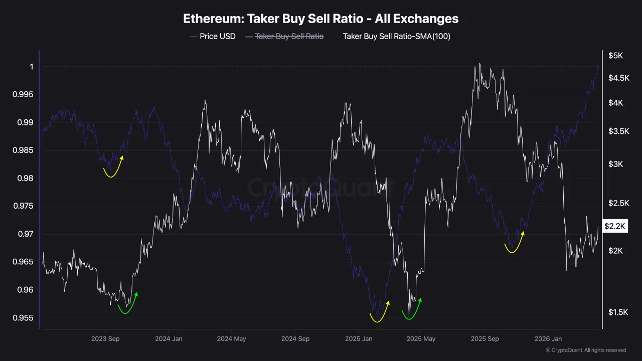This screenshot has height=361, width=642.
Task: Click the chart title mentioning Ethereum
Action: tap(320, 19)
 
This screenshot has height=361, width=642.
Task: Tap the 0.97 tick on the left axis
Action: tap(25, 234)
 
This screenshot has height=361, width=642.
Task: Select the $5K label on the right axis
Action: tap(615, 56)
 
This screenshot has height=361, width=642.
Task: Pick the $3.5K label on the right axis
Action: tap(615, 131)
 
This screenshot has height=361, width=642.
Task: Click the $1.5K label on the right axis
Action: tap(615, 312)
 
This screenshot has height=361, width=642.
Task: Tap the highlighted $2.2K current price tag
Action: tap(615, 227)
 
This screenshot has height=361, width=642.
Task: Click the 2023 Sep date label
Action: tap(105, 339)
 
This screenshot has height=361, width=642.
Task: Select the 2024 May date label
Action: tap(231, 339)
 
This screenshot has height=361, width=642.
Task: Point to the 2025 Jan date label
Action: tap(359, 339)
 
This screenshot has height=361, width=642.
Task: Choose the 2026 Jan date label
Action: tap(548, 339)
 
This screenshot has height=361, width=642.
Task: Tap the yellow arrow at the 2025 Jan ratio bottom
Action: tap(380, 313)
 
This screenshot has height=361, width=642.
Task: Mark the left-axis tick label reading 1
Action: tap(31, 67)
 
